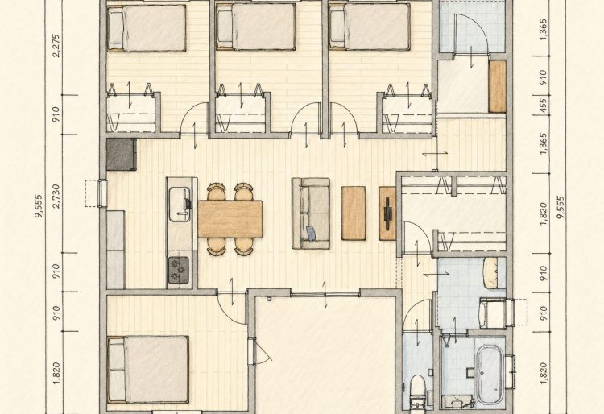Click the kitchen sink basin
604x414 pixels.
[180, 204]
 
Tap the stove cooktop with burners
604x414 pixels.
[179, 270]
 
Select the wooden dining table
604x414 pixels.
[230, 219]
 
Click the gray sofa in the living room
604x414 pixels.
[311, 213]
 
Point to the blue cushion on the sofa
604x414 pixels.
[311, 234]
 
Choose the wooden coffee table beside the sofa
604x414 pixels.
[354, 213]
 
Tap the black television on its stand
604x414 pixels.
[387, 213]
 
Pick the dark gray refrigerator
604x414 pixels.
[122, 154]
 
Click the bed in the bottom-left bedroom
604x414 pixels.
[148, 370]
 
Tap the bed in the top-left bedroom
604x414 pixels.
[147, 27]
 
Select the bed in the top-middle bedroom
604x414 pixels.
[256, 27]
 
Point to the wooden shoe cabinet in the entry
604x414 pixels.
[498, 86]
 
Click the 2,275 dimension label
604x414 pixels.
[56, 46]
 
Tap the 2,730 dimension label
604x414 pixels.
[56, 196]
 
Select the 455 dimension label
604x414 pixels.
[543, 105]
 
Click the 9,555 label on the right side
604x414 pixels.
[561, 207]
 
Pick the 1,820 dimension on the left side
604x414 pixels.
[56, 373]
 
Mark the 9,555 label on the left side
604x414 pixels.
[39, 207]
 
